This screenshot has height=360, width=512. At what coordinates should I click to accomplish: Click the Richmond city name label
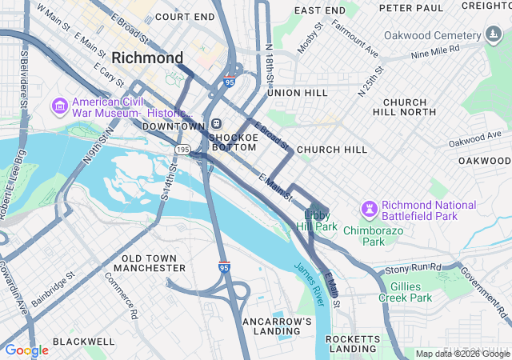148,58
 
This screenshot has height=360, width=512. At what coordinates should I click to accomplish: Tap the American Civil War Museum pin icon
59,106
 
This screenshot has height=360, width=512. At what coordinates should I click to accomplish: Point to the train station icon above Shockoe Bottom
216,124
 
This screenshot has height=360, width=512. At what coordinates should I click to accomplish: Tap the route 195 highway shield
182,150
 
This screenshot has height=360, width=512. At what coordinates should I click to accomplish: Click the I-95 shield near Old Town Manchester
224,267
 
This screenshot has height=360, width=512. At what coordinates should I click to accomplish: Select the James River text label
308,283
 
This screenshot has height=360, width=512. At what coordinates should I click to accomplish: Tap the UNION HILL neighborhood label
298,93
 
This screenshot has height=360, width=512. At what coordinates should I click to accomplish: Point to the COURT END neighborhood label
185,16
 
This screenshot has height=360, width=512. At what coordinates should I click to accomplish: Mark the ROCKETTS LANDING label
354,344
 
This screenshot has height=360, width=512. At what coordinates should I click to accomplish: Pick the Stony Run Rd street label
413,267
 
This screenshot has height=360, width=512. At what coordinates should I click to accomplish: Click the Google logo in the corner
26,350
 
